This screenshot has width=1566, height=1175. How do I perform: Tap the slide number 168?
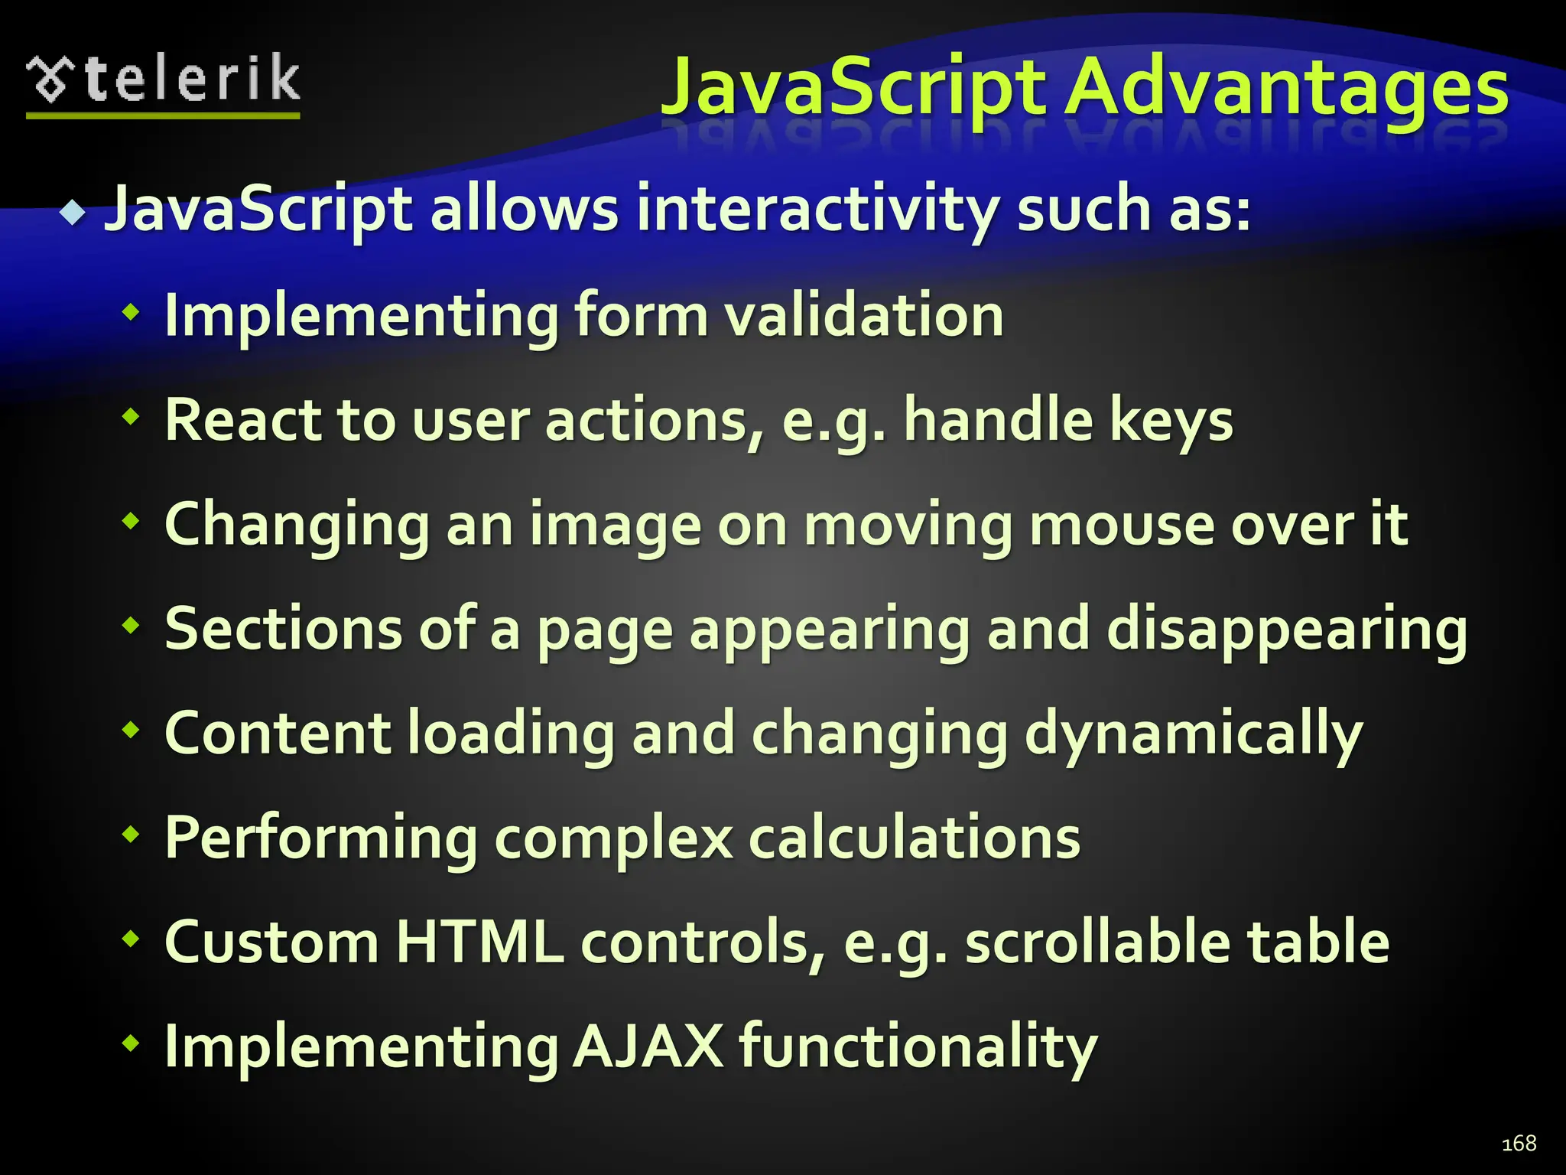click(x=1519, y=1143)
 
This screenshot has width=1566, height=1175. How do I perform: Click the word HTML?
click(x=479, y=942)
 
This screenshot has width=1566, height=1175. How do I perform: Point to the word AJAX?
click(x=648, y=1046)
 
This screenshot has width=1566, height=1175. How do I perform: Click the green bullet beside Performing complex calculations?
click(x=132, y=834)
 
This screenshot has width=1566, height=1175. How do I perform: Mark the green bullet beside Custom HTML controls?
click(x=132, y=938)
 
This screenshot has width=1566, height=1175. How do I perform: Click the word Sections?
click(x=283, y=629)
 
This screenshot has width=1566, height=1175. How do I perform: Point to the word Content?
click(x=278, y=734)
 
